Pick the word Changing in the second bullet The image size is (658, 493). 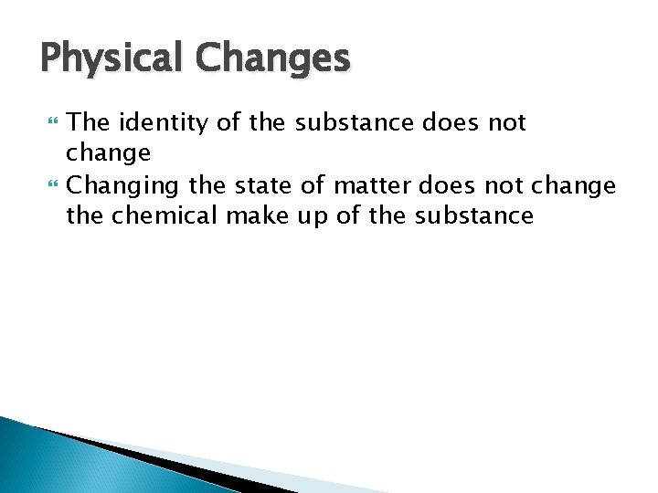(x=123, y=187)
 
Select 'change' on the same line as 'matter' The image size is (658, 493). (x=575, y=186)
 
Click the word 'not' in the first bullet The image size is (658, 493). (x=505, y=122)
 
